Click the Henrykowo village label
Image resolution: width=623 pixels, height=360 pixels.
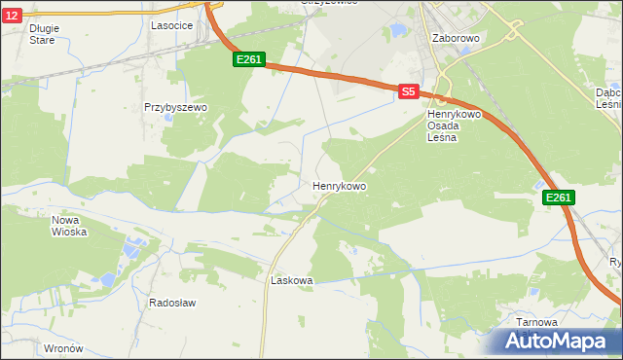[x=339, y=185]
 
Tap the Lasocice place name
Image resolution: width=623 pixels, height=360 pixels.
[x=170, y=26]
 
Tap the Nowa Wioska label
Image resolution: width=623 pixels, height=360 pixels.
[x=69, y=226]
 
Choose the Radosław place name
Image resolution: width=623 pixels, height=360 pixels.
[x=172, y=303]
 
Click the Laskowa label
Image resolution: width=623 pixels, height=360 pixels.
[x=291, y=280]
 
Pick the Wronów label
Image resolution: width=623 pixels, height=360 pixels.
[x=64, y=347]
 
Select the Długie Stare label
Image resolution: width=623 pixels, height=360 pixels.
[x=44, y=34]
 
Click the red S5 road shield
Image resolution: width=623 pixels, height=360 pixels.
[x=409, y=91]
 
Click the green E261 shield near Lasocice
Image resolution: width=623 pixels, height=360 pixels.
[x=249, y=60]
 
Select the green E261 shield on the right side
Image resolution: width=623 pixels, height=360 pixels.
[x=558, y=198]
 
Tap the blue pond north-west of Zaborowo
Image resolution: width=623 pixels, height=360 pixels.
[x=397, y=31]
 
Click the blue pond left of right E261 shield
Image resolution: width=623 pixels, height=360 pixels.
[x=540, y=184]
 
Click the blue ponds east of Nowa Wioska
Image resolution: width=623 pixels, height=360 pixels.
[x=130, y=249]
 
